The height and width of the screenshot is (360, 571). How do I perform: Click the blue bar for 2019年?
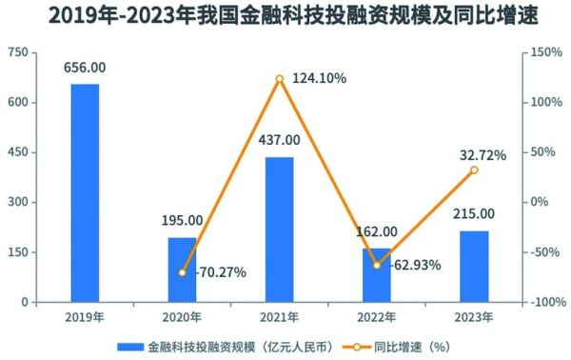pos(85,192)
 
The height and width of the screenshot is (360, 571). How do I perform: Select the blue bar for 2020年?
pos(182,270)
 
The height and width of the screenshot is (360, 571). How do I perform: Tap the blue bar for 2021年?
pos(279,230)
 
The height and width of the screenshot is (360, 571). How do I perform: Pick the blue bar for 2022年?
pos(377,275)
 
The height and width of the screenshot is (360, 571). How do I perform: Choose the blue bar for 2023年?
pos(474,266)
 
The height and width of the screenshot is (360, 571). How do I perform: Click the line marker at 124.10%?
pos(279,79)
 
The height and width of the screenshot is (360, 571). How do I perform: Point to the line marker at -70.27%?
pos(182,272)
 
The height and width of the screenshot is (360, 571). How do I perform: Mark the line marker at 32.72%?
pos(474,170)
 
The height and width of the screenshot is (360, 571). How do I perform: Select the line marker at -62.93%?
pos(377,265)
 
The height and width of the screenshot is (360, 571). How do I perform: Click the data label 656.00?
pos(85,68)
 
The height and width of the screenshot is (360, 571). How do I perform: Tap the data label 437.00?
pos(279,140)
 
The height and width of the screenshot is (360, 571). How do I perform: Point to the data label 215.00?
pos(474,213)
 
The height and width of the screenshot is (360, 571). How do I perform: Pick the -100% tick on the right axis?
pos(547,302)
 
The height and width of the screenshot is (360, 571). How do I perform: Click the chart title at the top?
pos(285,16)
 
